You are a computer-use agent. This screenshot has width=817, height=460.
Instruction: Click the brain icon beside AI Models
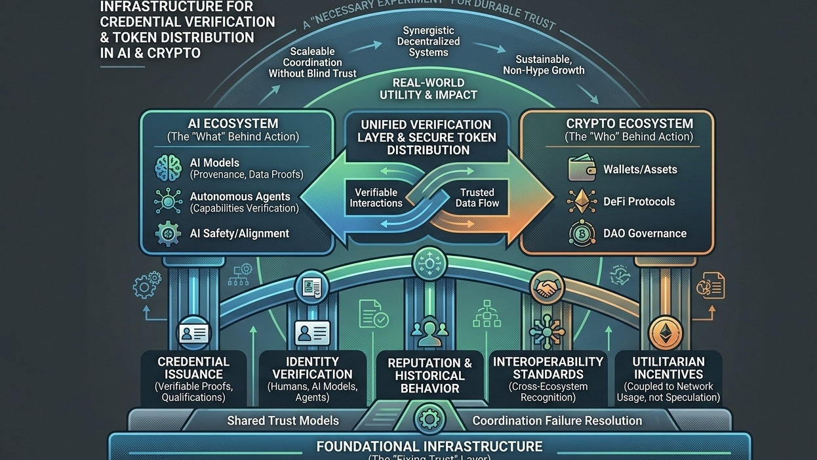click(x=168, y=168)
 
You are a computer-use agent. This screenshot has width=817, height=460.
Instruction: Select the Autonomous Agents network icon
click(x=168, y=201)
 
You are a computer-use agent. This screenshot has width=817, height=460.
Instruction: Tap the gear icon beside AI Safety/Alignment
click(x=168, y=234)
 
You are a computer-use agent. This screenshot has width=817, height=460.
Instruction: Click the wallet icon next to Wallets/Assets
click(x=582, y=169)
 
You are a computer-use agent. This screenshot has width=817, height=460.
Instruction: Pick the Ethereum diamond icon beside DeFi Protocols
click(x=582, y=201)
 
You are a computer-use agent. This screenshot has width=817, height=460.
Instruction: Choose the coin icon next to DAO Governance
click(x=582, y=234)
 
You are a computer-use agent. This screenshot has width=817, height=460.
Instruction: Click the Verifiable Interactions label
click(x=376, y=198)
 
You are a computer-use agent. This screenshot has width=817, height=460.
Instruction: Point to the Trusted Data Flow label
click(x=477, y=198)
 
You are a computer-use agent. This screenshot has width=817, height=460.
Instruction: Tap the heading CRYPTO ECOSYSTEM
click(x=629, y=123)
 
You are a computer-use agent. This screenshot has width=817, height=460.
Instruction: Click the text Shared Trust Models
click(x=283, y=421)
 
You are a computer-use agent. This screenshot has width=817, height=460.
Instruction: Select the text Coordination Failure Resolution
click(x=557, y=421)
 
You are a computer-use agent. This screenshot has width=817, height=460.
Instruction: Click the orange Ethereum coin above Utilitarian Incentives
click(x=666, y=333)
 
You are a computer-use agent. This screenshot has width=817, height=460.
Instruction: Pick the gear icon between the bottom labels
click(x=429, y=418)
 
